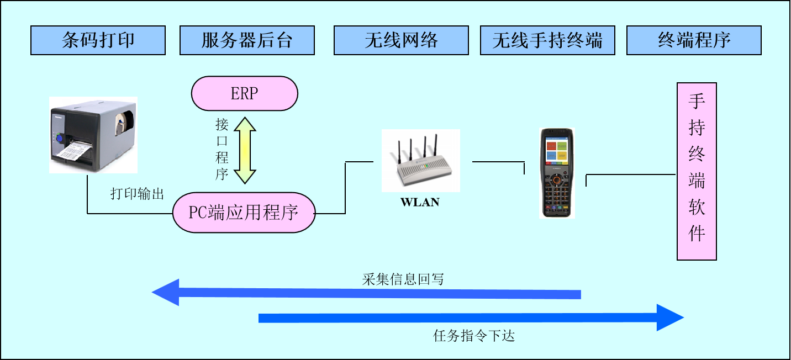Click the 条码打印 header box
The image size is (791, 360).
[98, 40]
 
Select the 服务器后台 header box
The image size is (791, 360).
[247, 40]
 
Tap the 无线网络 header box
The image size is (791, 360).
[401, 40]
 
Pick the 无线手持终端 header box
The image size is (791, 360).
[547, 40]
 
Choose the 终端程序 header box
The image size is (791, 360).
[694, 40]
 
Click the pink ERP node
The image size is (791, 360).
[244, 93]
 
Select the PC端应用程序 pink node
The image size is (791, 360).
[244, 213]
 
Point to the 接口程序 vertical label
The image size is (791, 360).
[222, 149]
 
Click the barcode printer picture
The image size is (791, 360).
[93, 135]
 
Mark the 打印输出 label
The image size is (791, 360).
[137, 194]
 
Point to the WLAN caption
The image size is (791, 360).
[420, 202]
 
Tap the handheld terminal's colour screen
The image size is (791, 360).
[557, 150]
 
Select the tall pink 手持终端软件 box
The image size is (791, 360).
[697, 171]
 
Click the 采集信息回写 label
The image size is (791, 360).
[403, 279]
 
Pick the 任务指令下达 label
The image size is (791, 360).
[474, 336]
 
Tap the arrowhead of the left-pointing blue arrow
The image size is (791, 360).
[166, 293]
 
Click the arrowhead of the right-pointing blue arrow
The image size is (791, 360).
[670, 317]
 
